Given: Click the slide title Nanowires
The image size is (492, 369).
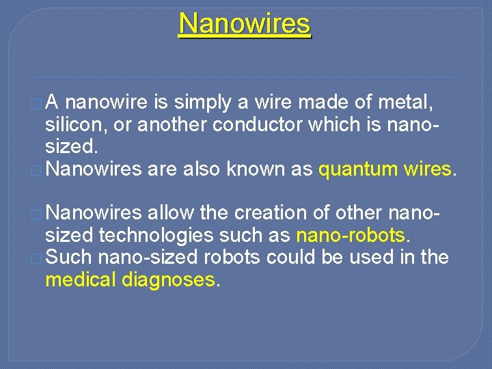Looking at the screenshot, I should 245,24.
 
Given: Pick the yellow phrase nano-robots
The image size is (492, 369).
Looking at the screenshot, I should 351,236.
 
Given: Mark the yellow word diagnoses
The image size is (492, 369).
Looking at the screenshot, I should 171,279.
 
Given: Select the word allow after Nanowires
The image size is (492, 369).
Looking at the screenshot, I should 171,213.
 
